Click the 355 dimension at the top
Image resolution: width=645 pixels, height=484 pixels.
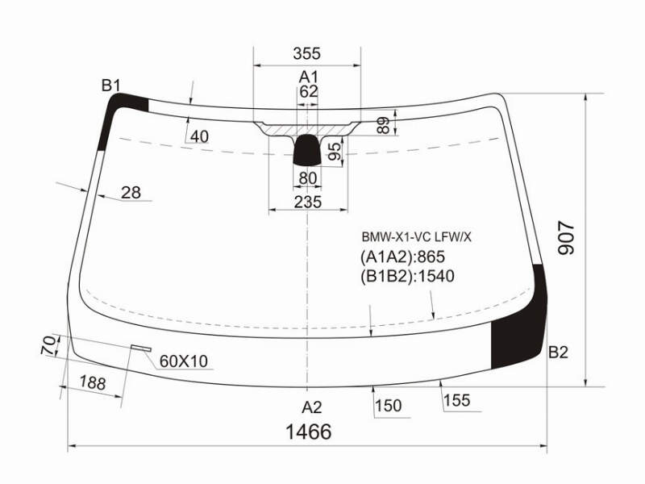point(306,53)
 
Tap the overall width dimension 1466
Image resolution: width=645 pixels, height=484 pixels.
point(309,432)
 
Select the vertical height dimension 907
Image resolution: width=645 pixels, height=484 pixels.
point(566,238)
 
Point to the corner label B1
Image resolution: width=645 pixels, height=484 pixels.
point(111,86)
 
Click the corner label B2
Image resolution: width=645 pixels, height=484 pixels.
point(558,353)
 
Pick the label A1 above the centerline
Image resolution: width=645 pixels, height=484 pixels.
point(309,77)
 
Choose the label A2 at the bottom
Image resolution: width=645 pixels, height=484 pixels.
point(311,407)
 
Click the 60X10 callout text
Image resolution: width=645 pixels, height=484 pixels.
point(184,361)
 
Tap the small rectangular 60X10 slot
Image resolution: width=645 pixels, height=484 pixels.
point(141,348)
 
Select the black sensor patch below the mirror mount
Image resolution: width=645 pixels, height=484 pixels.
point(307,150)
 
